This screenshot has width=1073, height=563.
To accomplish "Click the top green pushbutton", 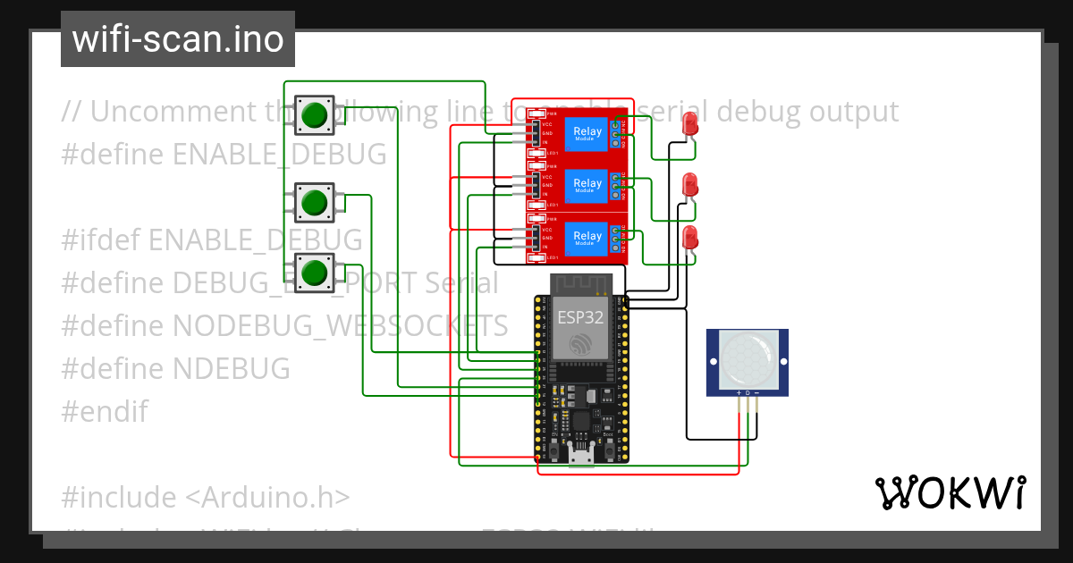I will coord(314,114).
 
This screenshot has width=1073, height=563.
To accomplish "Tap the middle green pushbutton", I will coord(314,202).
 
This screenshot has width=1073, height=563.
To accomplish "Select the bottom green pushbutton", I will coord(314,271).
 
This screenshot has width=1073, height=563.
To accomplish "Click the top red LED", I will coord(689,124).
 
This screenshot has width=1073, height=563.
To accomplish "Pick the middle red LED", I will coord(689,185).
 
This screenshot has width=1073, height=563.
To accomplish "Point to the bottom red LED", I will coord(689,238).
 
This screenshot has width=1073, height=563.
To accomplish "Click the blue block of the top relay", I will coord(587,132).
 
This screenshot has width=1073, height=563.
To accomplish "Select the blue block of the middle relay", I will coord(587,185).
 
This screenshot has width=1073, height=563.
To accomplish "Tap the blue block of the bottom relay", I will coord(587,238).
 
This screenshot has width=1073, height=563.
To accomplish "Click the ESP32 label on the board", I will coord(579,317).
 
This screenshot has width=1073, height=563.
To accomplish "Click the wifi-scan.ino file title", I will coord(178,39).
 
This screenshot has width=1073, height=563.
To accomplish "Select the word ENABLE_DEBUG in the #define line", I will coord(279,154).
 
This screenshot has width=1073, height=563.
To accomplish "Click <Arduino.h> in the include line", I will coord(269,497).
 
